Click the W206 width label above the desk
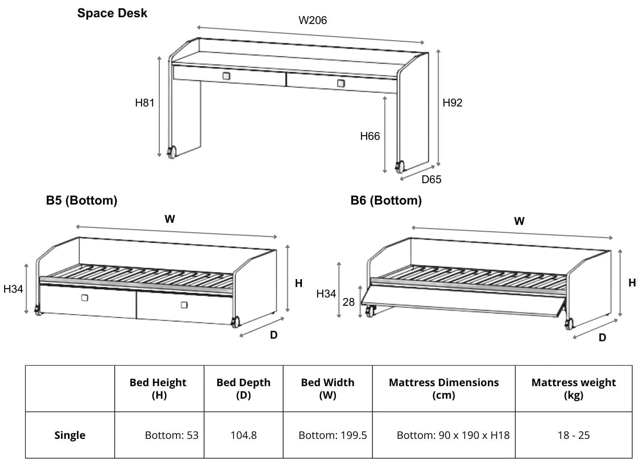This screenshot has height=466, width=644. pyautogui.click(x=312, y=20)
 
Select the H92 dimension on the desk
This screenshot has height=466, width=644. pyautogui.click(x=452, y=103)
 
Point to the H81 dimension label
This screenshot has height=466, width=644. pyautogui.click(x=145, y=103)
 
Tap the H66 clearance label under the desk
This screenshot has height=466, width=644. pyautogui.click(x=370, y=136)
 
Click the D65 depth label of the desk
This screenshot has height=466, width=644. pyautogui.click(x=431, y=180)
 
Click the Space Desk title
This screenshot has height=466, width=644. pyautogui.click(x=112, y=13)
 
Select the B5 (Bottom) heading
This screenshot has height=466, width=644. pyautogui.click(x=81, y=200)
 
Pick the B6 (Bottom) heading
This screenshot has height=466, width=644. pyautogui.click(x=386, y=200)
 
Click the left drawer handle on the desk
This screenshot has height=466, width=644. pyautogui.click(x=226, y=76)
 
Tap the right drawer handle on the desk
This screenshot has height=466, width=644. pyautogui.click(x=341, y=83)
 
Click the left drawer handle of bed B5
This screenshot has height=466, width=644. pyautogui.click(x=85, y=298)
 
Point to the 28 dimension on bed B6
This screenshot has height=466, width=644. pyautogui.click(x=348, y=302)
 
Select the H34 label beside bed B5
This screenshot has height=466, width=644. pyautogui.click(x=13, y=289)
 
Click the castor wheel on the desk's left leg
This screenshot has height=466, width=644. pyautogui.click(x=171, y=152)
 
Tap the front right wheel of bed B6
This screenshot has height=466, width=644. pyautogui.click(x=568, y=324)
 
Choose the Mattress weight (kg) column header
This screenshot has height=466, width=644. pyautogui.click(x=573, y=388)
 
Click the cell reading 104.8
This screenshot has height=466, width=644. pyautogui.click(x=243, y=435)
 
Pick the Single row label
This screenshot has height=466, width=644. pyautogui.click(x=70, y=435)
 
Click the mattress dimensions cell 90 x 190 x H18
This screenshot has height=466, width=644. pyautogui.click(x=453, y=435)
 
